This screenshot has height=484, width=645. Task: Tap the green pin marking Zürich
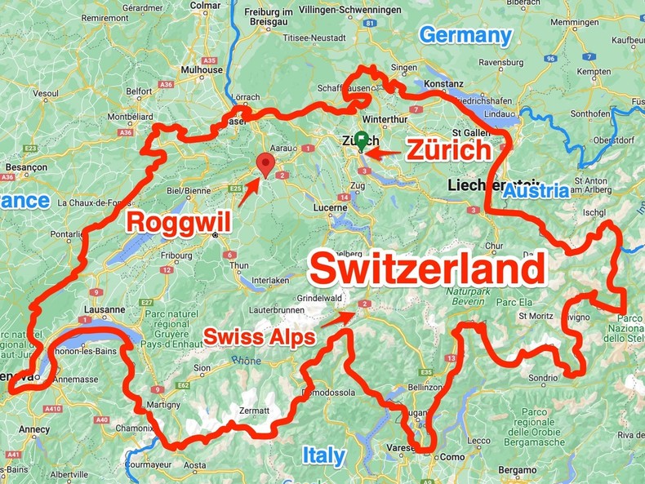tap(361, 140)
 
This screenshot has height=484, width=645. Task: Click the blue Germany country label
tap(465, 35)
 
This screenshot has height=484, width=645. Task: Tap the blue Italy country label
tap(323, 455)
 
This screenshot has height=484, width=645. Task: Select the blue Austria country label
tap(536, 191)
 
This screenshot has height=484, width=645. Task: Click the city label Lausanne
tap(104, 310)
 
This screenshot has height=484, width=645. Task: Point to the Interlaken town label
tap(269, 280)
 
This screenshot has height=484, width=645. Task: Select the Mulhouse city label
tap(202, 70)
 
